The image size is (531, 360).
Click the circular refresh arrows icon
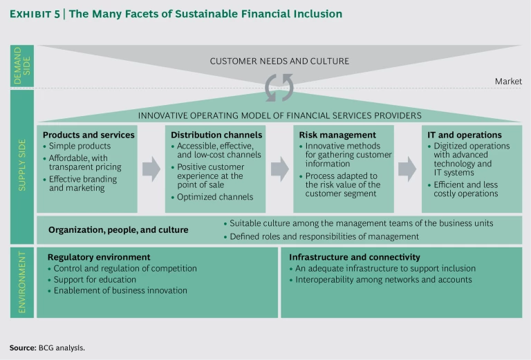(x=279, y=88)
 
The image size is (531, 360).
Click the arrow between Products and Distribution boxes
(x=151, y=169)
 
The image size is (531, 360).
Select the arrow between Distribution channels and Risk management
(x=279, y=169)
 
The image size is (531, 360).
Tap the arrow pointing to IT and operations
(x=408, y=169)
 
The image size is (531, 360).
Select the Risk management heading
(x=337, y=135)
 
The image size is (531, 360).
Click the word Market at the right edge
(x=507, y=82)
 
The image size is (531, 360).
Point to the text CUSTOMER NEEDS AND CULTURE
(x=279, y=61)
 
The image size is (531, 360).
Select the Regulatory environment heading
(x=99, y=257)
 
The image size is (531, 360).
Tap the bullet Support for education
(x=95, y=279)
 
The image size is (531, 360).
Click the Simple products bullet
(x=80, y=146)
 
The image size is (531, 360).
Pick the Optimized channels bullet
(x=214, y=197)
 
